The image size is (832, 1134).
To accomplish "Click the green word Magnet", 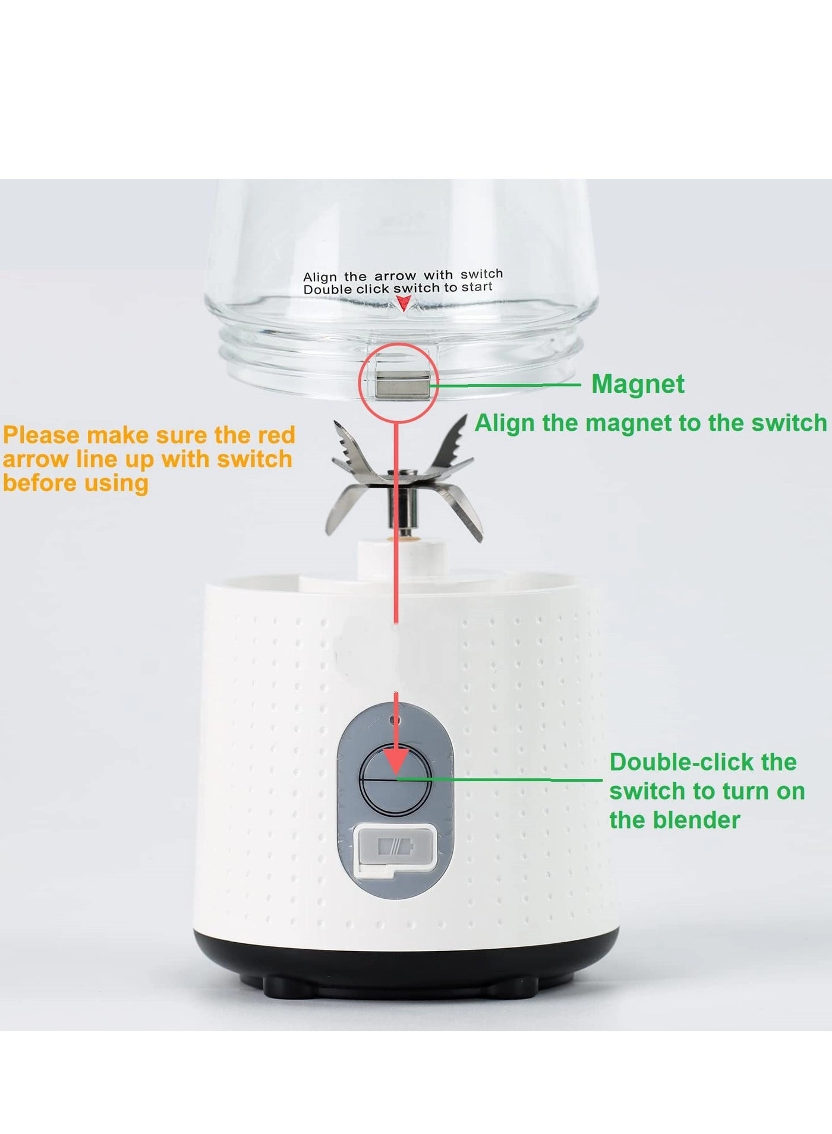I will point(638,384).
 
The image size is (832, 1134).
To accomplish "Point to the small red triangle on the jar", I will point(403,305).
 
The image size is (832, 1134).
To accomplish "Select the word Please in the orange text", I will point(42,435).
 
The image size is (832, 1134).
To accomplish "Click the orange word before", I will point(39,483).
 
